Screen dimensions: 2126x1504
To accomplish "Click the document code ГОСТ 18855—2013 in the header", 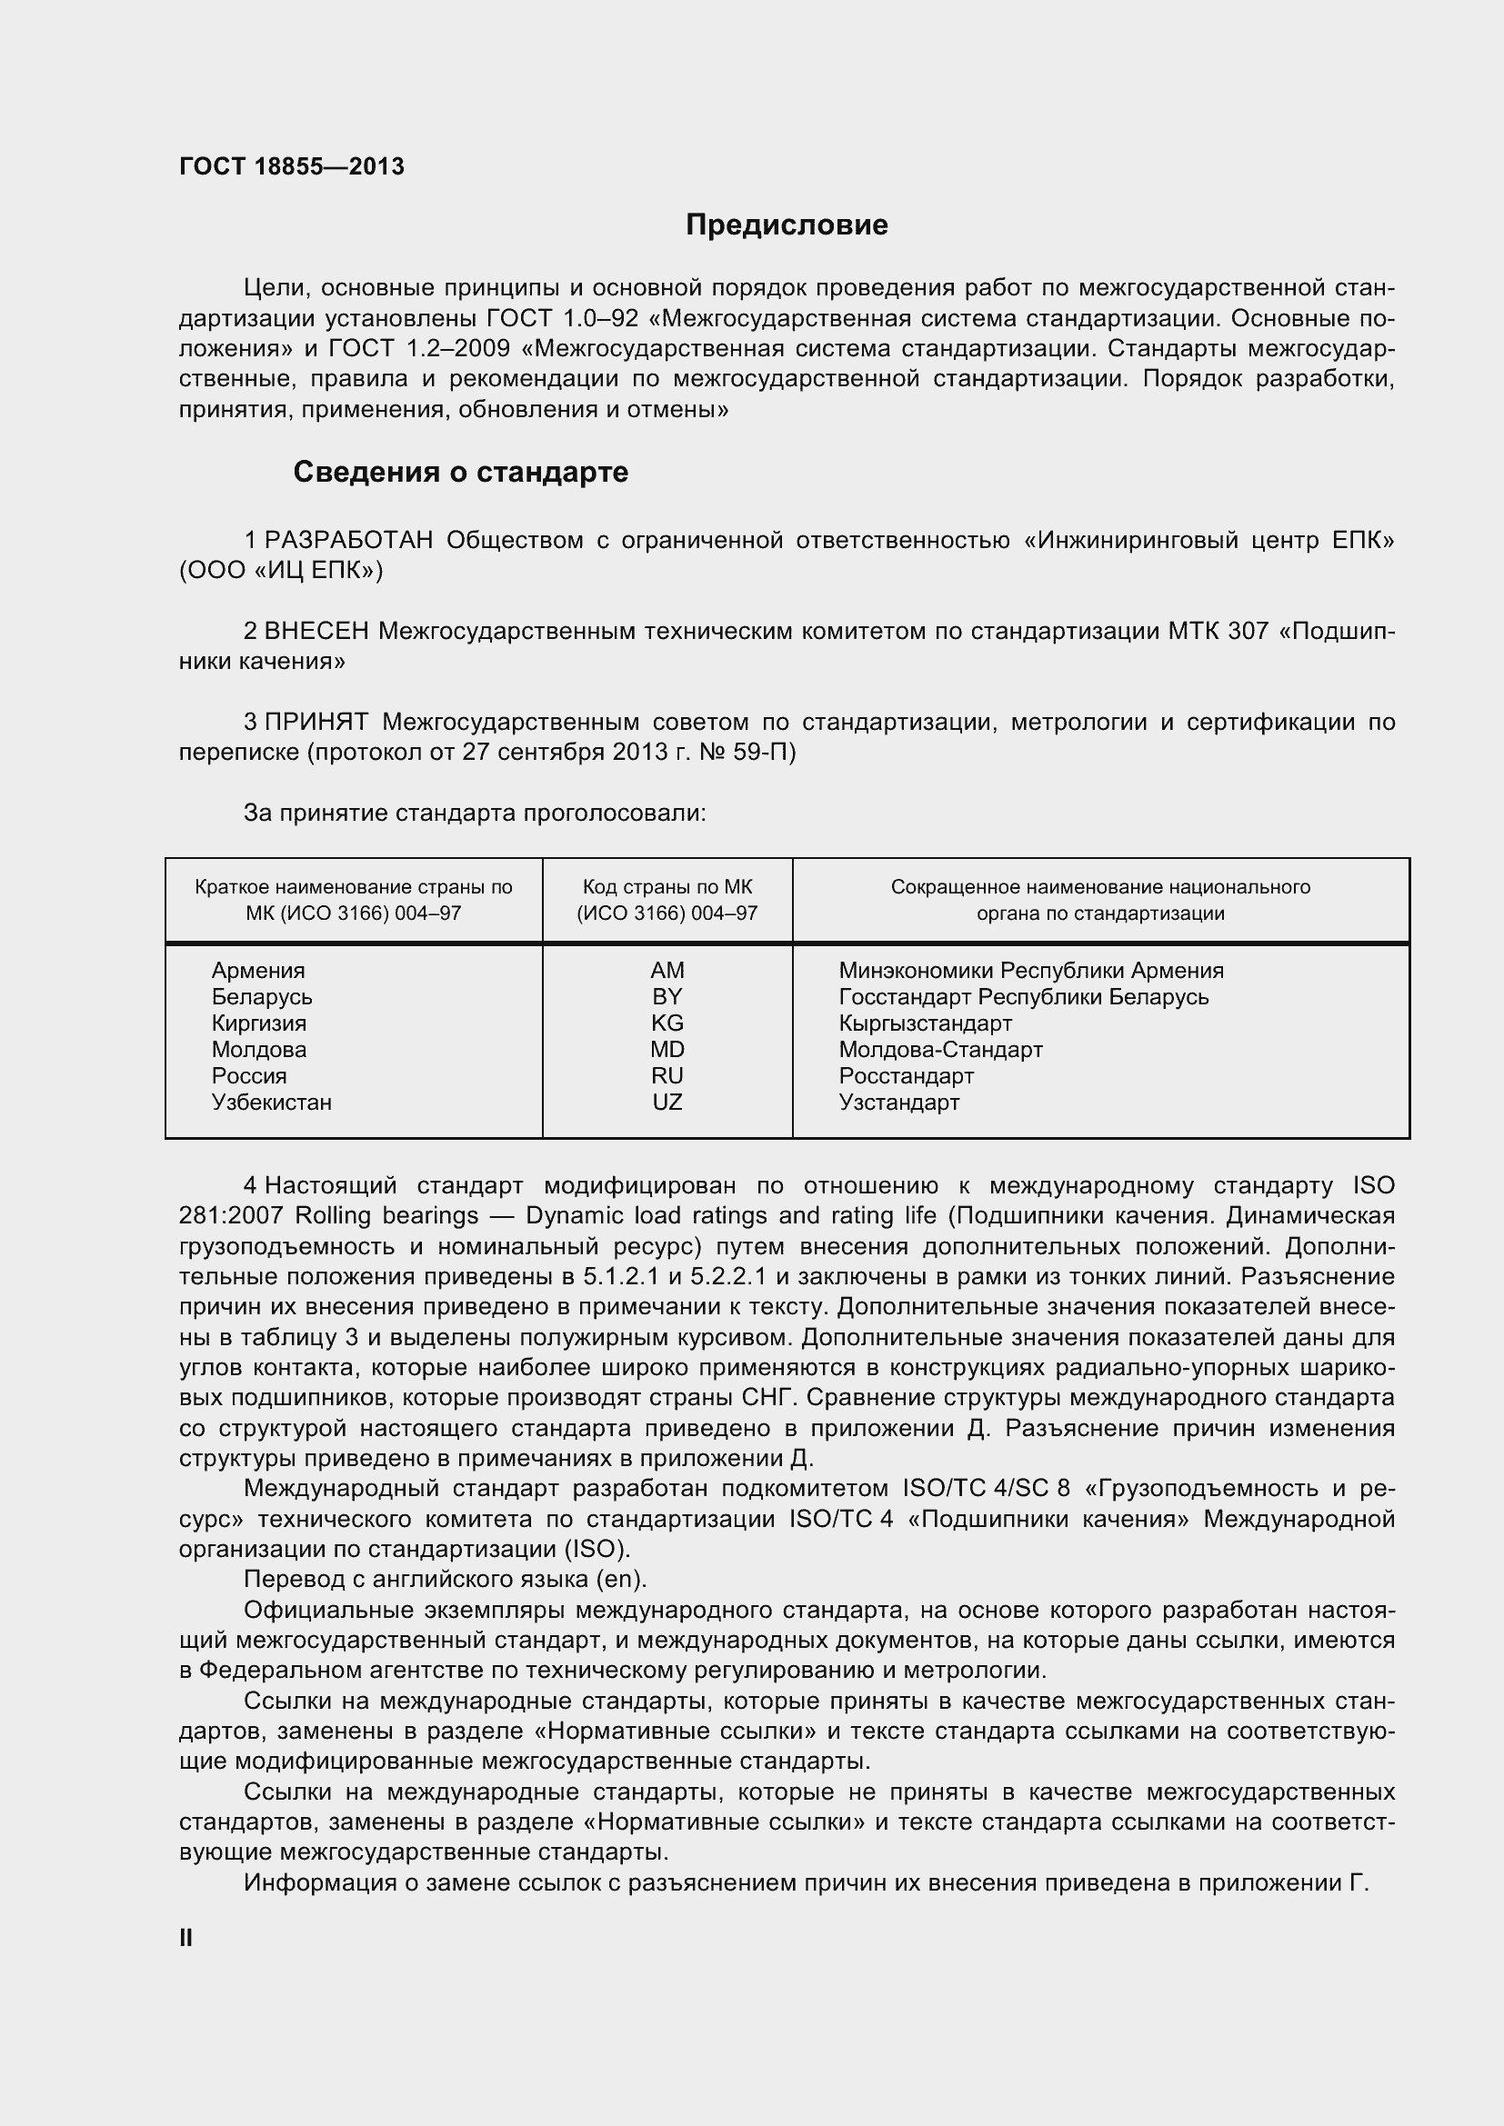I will click(292, 166).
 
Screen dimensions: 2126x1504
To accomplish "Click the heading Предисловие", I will click(787, 225).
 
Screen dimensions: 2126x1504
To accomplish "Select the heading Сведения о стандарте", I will click(460, 473).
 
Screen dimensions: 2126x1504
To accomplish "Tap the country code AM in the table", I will click(667, 971).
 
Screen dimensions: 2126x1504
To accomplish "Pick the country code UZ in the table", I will click(667, 1102).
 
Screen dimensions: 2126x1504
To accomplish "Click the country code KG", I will click(667, 1023).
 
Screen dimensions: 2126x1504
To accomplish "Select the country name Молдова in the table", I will click(258, 1049).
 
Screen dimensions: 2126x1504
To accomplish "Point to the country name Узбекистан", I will click(271, 1102).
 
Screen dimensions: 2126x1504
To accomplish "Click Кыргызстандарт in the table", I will click(925, 1023).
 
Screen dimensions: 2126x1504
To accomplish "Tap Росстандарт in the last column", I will click(906, 1076).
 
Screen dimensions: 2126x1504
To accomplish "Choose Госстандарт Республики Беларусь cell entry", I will click(1023, 997).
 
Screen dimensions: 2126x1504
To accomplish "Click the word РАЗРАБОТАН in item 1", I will click(348, 541).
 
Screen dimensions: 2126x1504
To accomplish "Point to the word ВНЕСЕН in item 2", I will click(316, 632).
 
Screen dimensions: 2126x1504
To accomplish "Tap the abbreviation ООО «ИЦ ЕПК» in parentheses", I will click(281, 571).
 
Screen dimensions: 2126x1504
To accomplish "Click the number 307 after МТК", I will click(1248, 632).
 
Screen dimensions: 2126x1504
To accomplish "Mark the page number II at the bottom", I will click(186, 1938).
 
